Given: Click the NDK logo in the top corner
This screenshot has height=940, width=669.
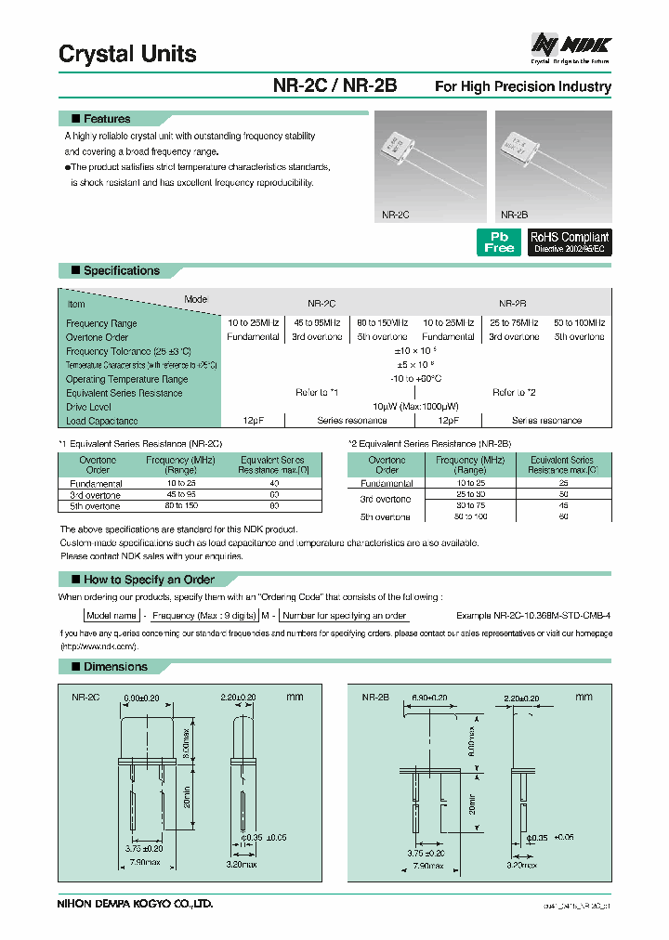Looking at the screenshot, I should tap(570, 45).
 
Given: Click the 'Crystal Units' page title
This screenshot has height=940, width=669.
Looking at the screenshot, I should tap(127, 54).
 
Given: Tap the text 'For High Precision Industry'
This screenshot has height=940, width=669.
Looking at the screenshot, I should tap(523, 86).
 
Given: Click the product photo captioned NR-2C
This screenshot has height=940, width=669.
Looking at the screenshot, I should tap(429, 160).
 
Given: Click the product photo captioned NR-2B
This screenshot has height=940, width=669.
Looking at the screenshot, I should tap(553, 160).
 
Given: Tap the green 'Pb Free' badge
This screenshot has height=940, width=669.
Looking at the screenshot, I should tap(499, 242).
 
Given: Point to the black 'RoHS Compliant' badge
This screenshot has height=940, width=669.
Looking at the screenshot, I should tap(570, 242).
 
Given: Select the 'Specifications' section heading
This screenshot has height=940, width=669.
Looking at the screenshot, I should tap(121, 270).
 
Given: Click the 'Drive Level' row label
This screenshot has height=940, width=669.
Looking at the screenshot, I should tap(88, 407).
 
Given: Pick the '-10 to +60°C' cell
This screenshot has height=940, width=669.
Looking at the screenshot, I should tap(415, 379).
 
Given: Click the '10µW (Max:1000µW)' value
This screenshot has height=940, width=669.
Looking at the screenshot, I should tap(415, 407).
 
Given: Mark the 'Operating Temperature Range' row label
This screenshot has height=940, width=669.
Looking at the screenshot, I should tap(126, 379).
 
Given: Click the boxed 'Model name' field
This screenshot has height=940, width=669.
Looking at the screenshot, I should tap(111, 616).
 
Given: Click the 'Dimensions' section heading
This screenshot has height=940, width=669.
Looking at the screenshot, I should tap(115, 667).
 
